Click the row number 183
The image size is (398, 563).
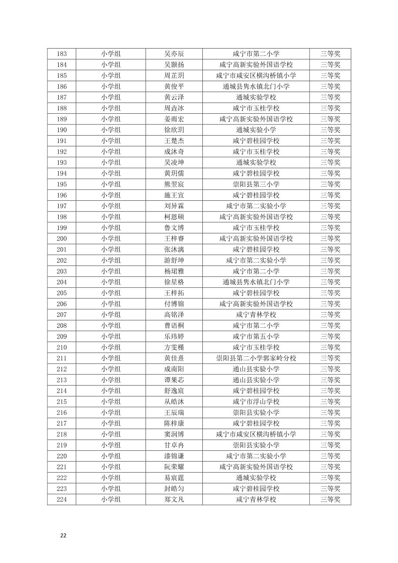tap(62, 54)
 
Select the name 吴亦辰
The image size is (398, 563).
tap(174, 54)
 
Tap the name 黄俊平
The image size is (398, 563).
tap(174, 86)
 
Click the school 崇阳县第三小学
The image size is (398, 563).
tap(256, 184)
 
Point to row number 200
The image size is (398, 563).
tap(62, 239)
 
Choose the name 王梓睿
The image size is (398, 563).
tap(174, 239)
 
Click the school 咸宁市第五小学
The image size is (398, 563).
tap(256, 336)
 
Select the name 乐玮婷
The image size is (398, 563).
tap(174, 336)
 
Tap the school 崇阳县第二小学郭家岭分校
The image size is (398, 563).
tap(256, 358)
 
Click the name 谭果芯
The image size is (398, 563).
tap(174, 380)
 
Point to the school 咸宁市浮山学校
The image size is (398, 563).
tap(256, 402)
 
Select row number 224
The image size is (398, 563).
tap(62, 499)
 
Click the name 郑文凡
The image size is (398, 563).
tap(174, 499)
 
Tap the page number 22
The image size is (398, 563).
tap(63, 535)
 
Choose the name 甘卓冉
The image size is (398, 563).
tap(174, 445)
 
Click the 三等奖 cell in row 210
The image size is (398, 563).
tap(330, 347)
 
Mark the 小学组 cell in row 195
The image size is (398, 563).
tap(110, 184)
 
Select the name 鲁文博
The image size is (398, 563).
tap(174, 228)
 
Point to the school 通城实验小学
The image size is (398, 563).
tap(256, 130)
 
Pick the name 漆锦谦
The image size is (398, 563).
tap(174, 456)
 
